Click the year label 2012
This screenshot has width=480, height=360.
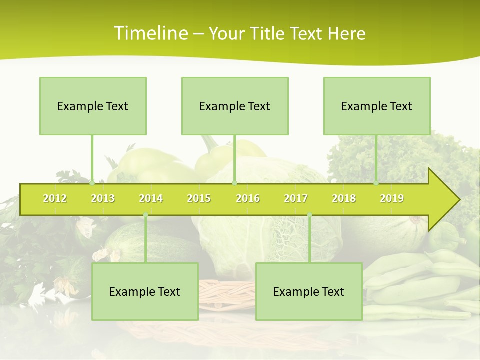55,198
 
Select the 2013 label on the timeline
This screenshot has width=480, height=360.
103,198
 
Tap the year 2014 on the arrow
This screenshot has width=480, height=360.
151,198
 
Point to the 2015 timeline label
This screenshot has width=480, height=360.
199,198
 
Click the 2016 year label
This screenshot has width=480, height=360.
248,198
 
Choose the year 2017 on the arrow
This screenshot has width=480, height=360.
296,198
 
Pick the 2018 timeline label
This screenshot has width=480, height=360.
344,198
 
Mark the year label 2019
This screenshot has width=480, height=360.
392,198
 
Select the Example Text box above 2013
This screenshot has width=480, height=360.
93,106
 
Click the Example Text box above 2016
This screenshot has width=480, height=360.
235,106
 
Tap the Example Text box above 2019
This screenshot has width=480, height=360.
377,106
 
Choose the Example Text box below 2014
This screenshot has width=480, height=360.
145,291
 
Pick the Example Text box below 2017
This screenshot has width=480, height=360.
309,291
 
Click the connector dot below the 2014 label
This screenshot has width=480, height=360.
145,215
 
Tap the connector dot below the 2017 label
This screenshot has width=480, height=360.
309,215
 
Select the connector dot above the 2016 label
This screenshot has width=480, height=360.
234,183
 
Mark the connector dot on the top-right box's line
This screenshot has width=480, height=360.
376,183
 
